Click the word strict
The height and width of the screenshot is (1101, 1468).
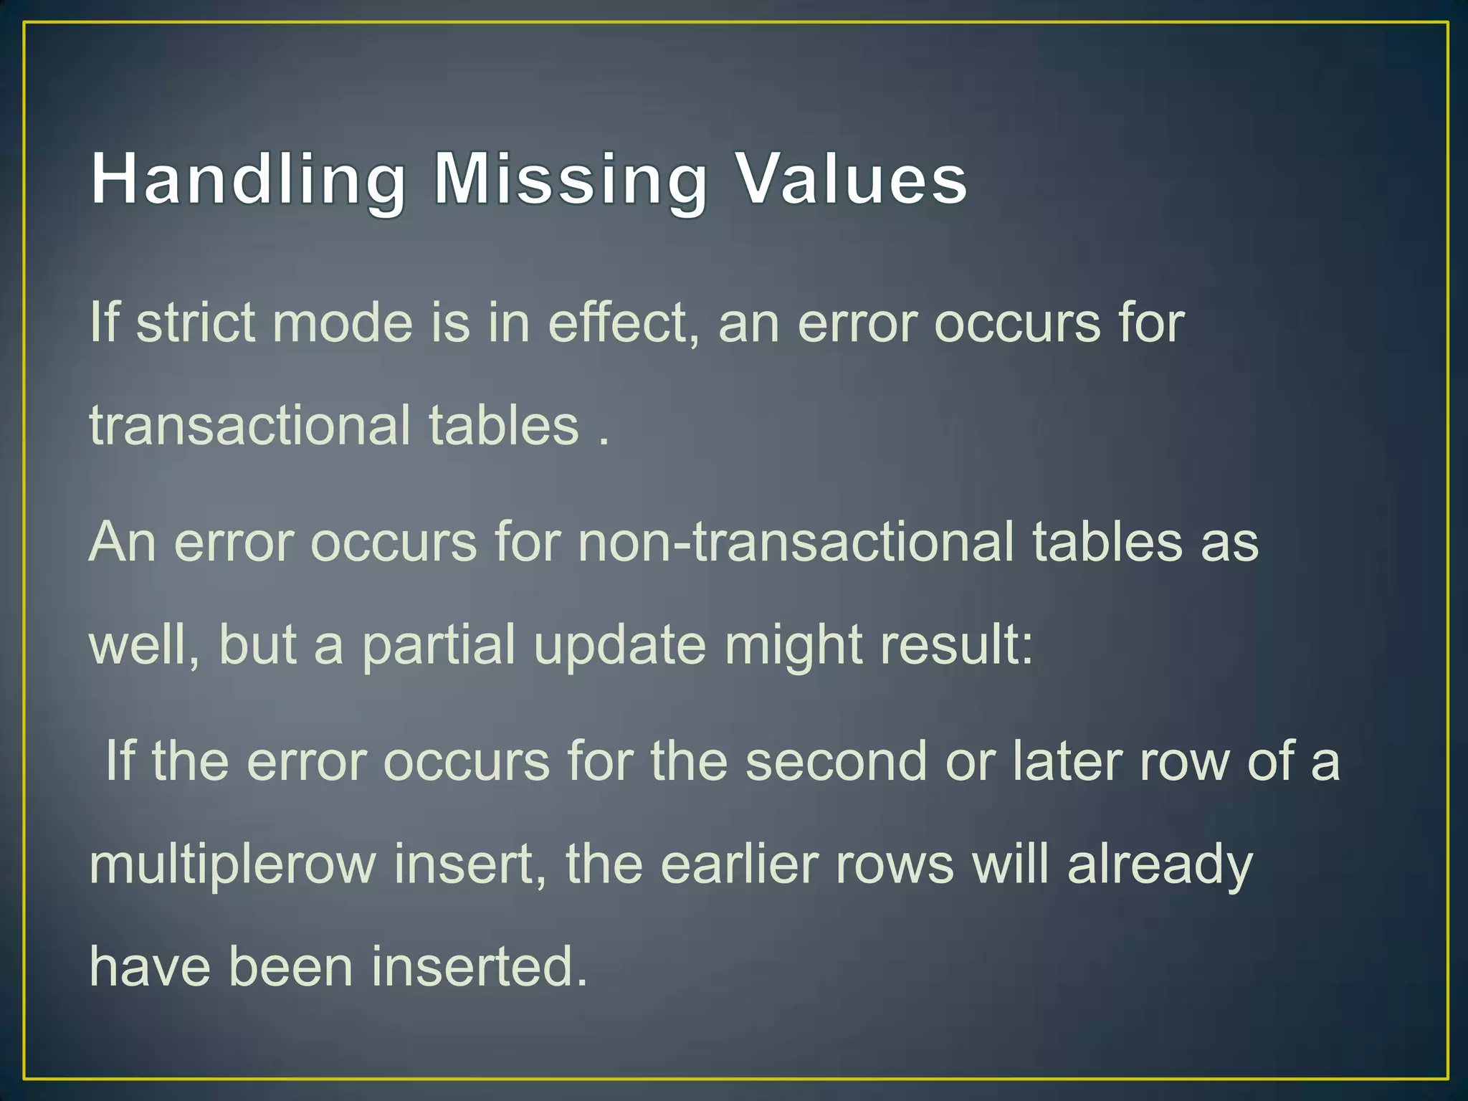pyautogui.click(x=195, y=323)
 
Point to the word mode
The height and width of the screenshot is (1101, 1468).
pyautogui.click(x=343, y=323)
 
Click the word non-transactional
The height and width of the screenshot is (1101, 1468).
pyautogui.click(x=796, y=542)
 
